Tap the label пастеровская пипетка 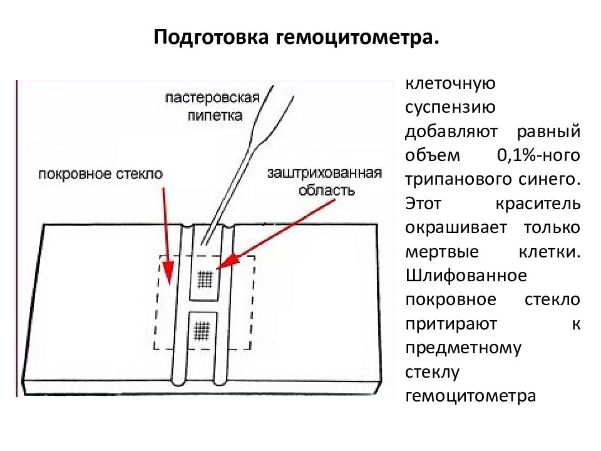(x=213, y=106)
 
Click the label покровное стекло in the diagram (x=100, y=174)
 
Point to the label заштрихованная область (x=325, y=182)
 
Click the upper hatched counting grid (x=205, y=279)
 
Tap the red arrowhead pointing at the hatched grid (x=227, y=262)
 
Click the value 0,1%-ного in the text (x=538, y=156)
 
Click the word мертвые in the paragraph (x=442, y=252)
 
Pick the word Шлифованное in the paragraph (x=466, y=276)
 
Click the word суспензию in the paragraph (x=450, y=108)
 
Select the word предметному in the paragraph (x=463, y=348)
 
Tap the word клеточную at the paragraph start (x=450, y=83)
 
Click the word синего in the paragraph (x=550, y=180)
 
